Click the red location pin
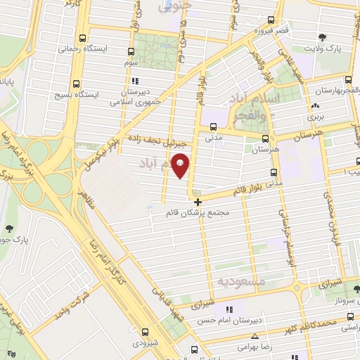[181, 166]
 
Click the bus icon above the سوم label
[131, 51]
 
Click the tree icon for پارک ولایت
[324, 37]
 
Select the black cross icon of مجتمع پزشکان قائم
[198, 202]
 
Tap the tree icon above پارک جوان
[10, 229]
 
